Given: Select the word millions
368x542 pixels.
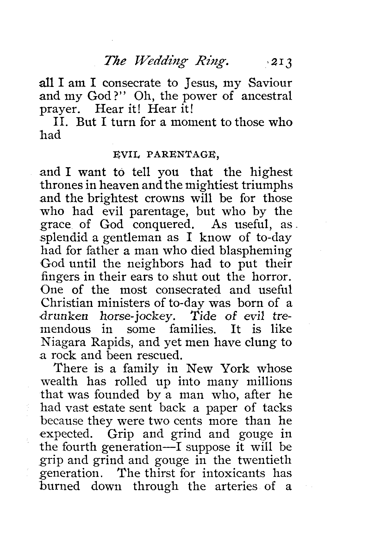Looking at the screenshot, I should click(269, 382).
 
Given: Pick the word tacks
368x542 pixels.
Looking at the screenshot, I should click(277, 408).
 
